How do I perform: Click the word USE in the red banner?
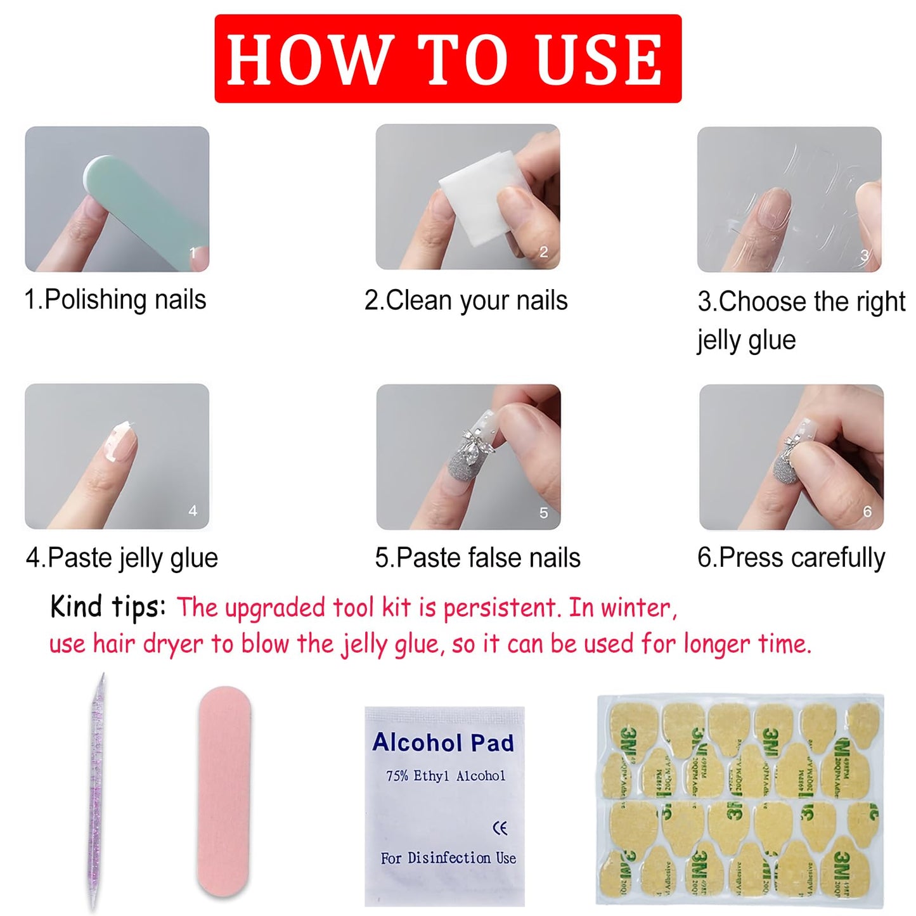pos(598,60)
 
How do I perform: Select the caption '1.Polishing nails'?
pos(115,300)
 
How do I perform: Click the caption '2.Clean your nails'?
pos(466,300)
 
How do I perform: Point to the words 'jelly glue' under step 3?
pos(747,340)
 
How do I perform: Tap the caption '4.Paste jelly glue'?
pos(122,558)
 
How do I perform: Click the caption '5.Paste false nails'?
pos(477,558)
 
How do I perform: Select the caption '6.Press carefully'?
pos(791,558)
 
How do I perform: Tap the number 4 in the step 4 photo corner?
pos(193,511)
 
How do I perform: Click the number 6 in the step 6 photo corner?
pos(867,512)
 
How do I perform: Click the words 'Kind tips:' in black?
pos(108,607)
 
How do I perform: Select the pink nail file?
pos(224,792)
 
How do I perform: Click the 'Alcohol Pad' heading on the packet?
pos(443,742)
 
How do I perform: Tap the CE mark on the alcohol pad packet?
pos(500,828)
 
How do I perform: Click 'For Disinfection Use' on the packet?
pos(448,858)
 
